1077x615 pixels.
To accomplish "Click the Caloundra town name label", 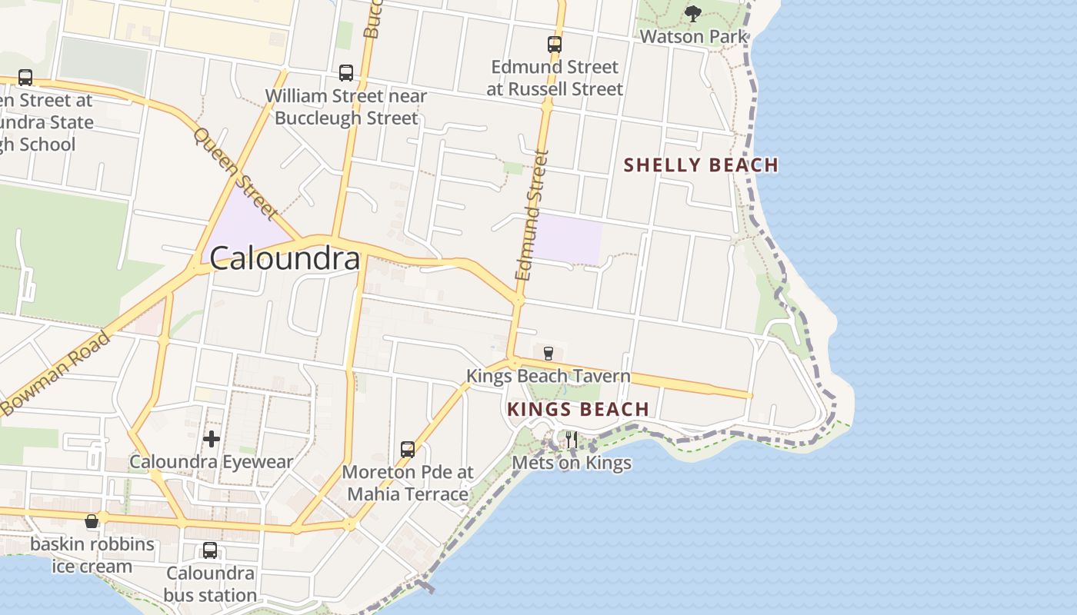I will click(x=285, y=258).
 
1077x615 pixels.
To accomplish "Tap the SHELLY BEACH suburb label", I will click(x=701, y=165).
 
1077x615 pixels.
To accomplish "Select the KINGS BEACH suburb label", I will click(x=578, y=410).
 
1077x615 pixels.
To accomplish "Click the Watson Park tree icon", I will click(x=693, y=13).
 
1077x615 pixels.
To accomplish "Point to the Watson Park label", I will click(x=693, y=36).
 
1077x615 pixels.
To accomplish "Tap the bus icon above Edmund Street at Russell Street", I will click(x=555, y=45).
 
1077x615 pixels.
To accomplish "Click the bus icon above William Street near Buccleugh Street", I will click(x=346, y=73).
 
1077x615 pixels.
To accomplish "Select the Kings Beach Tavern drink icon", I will click(x=548, y=354).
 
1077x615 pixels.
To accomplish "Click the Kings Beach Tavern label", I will click(x=549, y=377).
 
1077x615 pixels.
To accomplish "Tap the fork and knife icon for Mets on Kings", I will click(x=572, y=440).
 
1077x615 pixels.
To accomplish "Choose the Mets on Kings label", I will click(x=572, y=463).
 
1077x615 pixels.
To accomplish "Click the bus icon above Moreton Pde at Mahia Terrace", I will click(x=408, y=449).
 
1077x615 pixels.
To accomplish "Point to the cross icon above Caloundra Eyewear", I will click(x=212, y=439).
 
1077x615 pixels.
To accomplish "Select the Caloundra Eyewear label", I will click(x=212, y=462).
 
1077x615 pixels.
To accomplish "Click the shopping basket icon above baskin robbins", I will click(x=92, y=522).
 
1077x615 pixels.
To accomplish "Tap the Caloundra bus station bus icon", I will click(x=210, y=550).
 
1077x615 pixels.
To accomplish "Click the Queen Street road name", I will click(x=235, y=172).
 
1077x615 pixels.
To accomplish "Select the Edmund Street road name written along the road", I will click(x=532, y=215).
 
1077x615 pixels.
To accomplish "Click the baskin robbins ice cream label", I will click(x=92, y=556).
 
